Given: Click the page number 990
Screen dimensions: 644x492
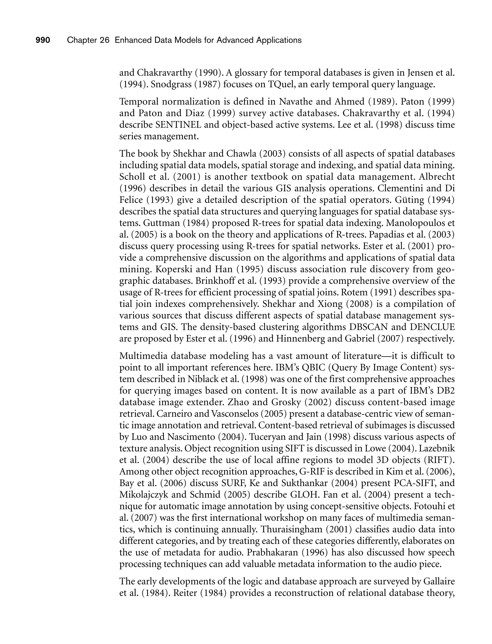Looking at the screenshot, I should point(43,40).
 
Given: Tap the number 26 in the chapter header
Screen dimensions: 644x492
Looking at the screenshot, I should point(104,40).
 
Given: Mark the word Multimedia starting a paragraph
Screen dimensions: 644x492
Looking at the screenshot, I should point(143,356).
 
